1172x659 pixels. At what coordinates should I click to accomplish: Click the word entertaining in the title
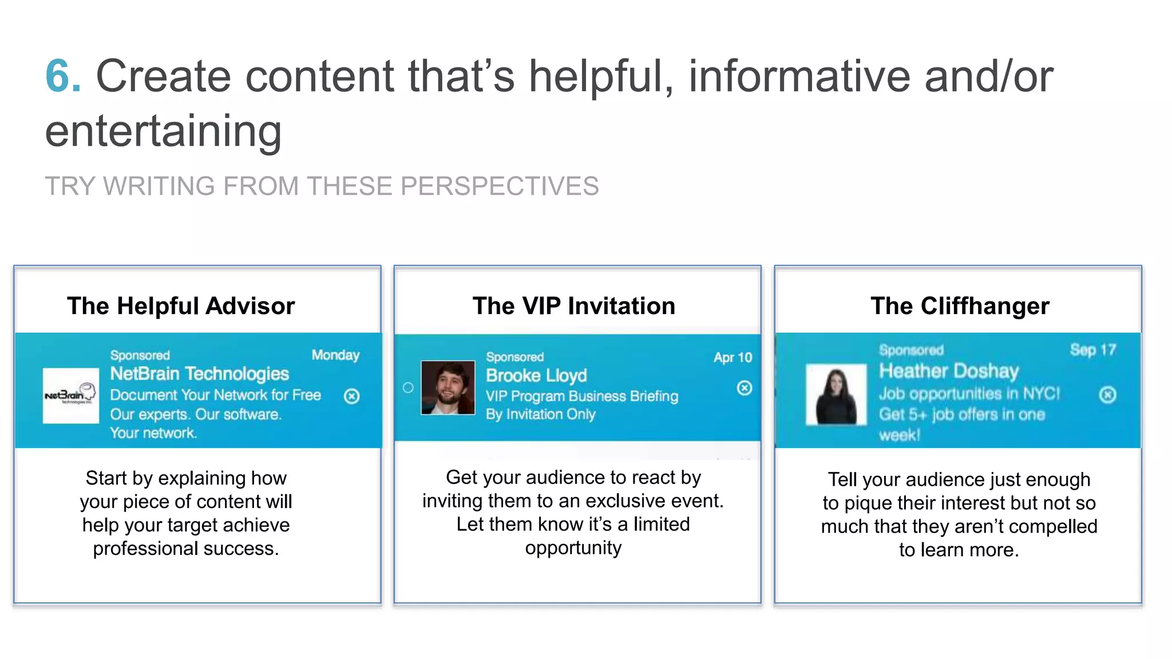[163, 131]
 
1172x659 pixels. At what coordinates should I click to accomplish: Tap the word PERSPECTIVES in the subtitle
[499, 186]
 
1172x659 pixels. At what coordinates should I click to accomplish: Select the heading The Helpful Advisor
[181, 306]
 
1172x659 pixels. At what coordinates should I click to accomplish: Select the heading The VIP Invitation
[573, 306]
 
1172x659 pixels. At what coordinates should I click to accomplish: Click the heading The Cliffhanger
[960, 306]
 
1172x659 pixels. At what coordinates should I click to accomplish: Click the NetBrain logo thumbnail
[70, 395]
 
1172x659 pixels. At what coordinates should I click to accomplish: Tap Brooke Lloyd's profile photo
[448, 387]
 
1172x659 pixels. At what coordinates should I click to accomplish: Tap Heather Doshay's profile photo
[836, 395]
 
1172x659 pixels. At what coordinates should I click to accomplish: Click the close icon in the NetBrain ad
[351, 396]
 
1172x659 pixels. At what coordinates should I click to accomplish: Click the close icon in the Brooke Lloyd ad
[744, 388]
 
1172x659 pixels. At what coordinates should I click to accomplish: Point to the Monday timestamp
[335, 355]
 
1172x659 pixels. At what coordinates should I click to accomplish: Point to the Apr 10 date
[732, 358]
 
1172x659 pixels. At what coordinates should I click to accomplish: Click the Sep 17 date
[1092, 350]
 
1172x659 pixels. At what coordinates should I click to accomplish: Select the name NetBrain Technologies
[199, 374]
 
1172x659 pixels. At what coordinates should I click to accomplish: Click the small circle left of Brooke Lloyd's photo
[408, 388]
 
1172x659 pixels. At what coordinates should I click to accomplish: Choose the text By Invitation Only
[540, 414]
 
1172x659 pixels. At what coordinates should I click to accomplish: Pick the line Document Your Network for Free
[215, 395]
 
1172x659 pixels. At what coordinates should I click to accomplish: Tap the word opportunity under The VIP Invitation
[573, 548]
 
